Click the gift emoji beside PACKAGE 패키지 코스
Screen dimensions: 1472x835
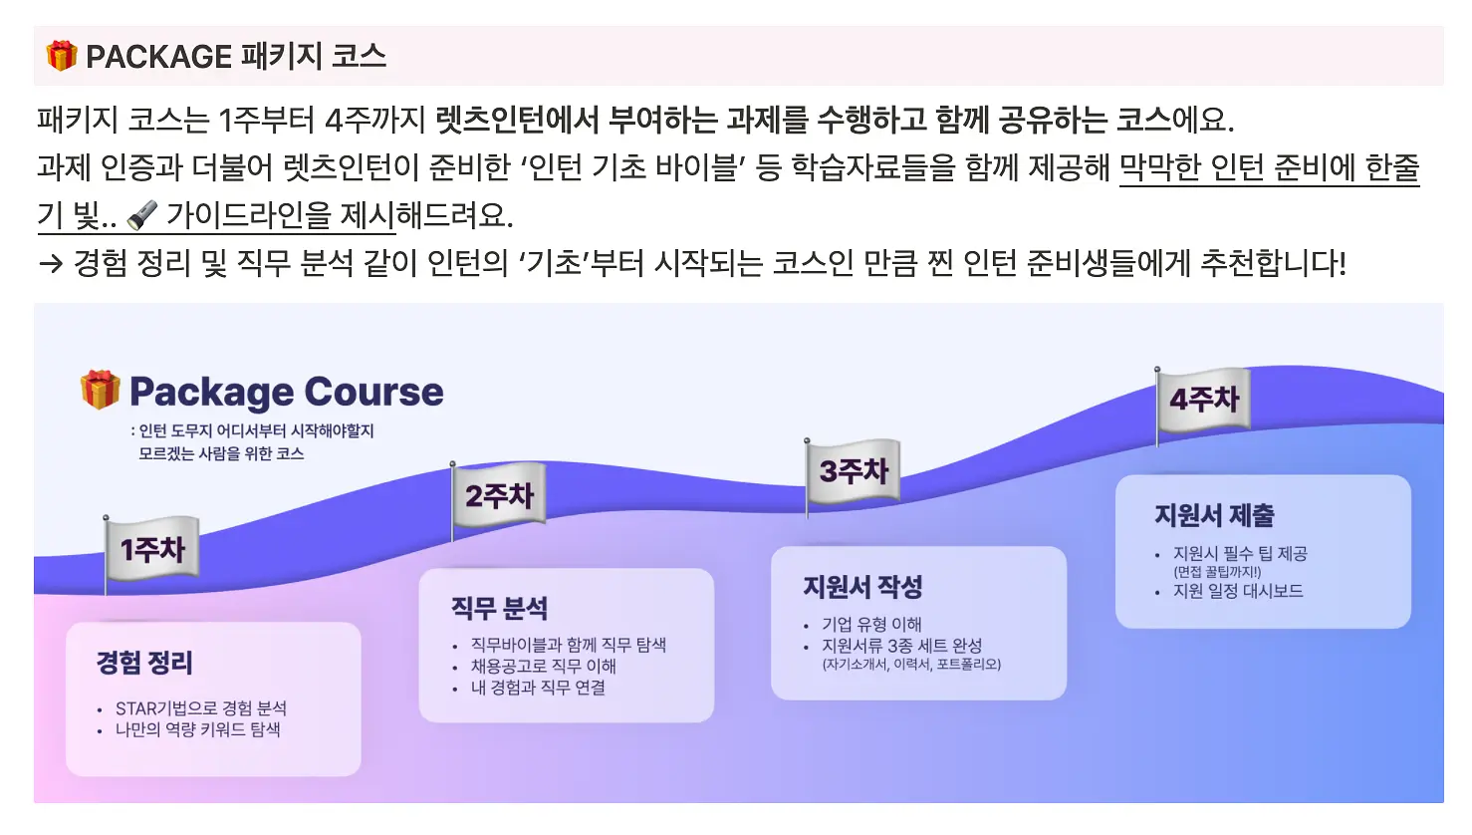[x=62, y=55]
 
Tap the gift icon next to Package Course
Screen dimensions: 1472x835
[x=101, y=390]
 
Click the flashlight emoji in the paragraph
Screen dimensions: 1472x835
[x=142, y=215]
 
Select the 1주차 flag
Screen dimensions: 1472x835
[x=151, y=549]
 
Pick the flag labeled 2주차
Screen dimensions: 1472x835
[x=499, y=495]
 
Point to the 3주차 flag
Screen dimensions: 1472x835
[x=853, y=471]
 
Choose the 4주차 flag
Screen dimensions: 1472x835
[x=1204, y=400]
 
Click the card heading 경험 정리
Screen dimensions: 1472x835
[x=144, y=662]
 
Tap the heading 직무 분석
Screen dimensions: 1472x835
[x=499, y=608]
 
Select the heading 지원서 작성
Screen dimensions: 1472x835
[x=862, y=587]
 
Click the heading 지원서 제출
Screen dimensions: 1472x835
[x=1214, y=515]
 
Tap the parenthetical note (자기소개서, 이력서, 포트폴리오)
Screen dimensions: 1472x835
[x=911, y=664]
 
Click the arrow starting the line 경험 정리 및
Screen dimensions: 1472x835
[x=50, y=264]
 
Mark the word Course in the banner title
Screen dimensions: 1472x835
[x=373, y=392]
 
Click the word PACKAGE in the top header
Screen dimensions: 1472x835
[x=158, y=57]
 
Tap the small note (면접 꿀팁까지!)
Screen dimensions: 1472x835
[x=1218, y=572]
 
